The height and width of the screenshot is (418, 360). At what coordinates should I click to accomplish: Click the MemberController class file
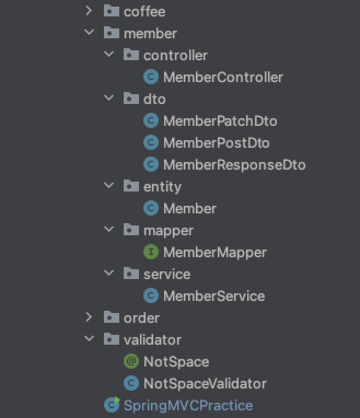(x=223, y=77)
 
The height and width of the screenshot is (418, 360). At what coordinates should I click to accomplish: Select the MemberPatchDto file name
(x=220, y=121)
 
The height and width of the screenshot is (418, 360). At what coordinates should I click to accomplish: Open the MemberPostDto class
(x=216, y=143)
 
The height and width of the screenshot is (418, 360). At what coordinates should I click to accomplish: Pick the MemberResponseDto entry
(x=234, y=165)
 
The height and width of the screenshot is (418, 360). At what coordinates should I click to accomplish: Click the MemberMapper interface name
(x=214, y=252)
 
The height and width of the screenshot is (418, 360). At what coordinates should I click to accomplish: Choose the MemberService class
(x=213, y=296)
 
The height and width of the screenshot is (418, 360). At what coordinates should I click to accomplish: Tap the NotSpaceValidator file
(x=205, y=384)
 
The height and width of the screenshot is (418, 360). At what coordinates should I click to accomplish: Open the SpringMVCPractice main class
(x=188, y=405)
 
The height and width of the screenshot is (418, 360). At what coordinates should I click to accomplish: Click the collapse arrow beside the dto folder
(x=109, y=98)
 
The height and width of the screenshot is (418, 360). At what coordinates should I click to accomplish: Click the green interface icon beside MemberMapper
(x=150, y=252)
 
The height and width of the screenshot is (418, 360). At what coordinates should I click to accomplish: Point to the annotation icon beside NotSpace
(x=131, y=362)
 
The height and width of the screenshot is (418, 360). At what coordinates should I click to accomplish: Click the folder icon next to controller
(x=131, y=55)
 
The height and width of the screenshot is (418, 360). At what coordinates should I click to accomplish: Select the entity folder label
(x=162, y=187)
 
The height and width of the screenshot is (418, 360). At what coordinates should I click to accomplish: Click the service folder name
(x=167, y=274)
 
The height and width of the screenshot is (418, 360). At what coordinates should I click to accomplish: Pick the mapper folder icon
(x=131, y=230)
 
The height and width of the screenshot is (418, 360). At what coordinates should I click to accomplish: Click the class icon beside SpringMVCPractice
(x=112, y=405)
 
